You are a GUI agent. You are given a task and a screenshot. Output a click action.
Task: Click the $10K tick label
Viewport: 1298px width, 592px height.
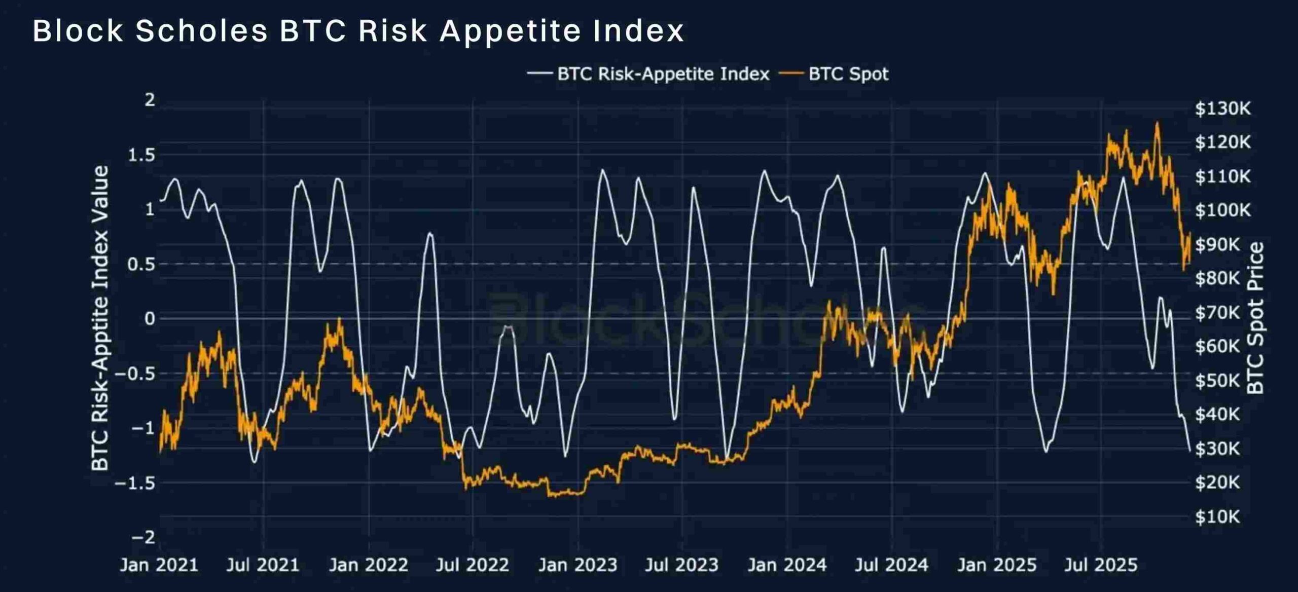click(x=1217, y=516)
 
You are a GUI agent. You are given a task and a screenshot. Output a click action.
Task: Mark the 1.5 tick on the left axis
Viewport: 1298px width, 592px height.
click(x=141, y=155)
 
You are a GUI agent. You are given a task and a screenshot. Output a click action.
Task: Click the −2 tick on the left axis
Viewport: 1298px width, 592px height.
click(x=143, y=537)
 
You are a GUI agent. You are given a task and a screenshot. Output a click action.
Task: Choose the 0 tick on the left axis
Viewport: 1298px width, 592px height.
click(x=150, y=319)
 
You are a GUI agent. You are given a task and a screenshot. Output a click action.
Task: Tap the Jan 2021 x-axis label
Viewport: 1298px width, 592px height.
click(x=159, y=565)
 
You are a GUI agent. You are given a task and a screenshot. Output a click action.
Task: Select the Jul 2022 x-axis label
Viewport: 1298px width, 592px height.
click(x=472, y=565)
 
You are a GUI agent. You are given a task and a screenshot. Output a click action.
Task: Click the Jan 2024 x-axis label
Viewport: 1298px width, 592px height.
click(x=787, y=565)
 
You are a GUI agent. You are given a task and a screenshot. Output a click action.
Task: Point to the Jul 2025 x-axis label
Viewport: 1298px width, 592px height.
click(x=1101, y=565)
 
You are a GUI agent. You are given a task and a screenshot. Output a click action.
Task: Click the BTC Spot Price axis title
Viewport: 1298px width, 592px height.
click(x=1255, y=318)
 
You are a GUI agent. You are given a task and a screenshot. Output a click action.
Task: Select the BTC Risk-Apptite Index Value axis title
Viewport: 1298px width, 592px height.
click(x=100, y=318)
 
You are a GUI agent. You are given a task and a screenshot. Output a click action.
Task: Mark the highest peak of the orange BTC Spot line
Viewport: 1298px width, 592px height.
click(x=1157, y=123)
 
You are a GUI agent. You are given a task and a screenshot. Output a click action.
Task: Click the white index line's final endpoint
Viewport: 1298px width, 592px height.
click(x=1190, y=450)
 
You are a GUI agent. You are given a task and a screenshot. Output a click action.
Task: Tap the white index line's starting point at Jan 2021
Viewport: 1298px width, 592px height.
click(x=161, y=200)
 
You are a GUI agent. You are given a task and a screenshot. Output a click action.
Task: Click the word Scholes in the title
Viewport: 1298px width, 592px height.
click(x=201, y=31)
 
